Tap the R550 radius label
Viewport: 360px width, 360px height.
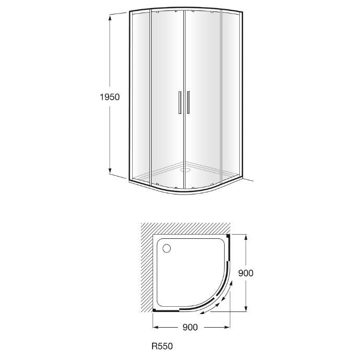click(x=162, y=345)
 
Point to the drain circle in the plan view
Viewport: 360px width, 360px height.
click(x=166, y=249)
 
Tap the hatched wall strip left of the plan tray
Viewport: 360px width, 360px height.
click(x=147, y=272)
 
